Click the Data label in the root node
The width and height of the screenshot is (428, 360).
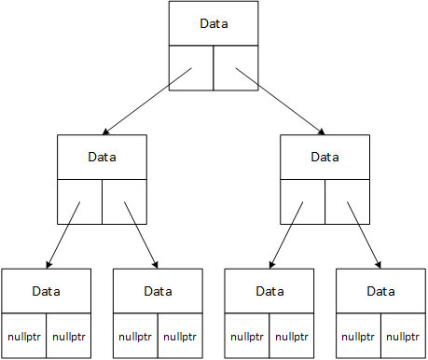(x=214, y=22)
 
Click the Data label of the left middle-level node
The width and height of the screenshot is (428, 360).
(x=102, y=157)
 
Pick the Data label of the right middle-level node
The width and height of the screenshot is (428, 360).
(x=325, y=157)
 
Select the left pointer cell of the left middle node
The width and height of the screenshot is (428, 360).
(x=79, y=202)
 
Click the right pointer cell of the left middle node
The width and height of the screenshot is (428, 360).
(x=124, y=202)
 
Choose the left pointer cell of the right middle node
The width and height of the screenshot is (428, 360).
(x=303, y=202)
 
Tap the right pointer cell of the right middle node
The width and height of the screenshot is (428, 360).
(x=348, y=202)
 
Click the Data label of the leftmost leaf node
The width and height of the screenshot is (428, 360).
(x=46, y=291)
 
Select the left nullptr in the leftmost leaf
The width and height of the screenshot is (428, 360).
(x=23, y=336)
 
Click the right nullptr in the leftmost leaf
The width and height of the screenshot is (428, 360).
(x=68, y=336)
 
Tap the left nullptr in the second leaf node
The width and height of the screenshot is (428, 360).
(x=135, y=336)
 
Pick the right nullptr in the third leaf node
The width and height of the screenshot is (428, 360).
(x=292, y=336)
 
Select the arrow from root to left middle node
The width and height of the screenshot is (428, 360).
(x=149, y=101)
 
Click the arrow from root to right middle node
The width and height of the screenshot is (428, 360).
(x=280, y=101)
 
